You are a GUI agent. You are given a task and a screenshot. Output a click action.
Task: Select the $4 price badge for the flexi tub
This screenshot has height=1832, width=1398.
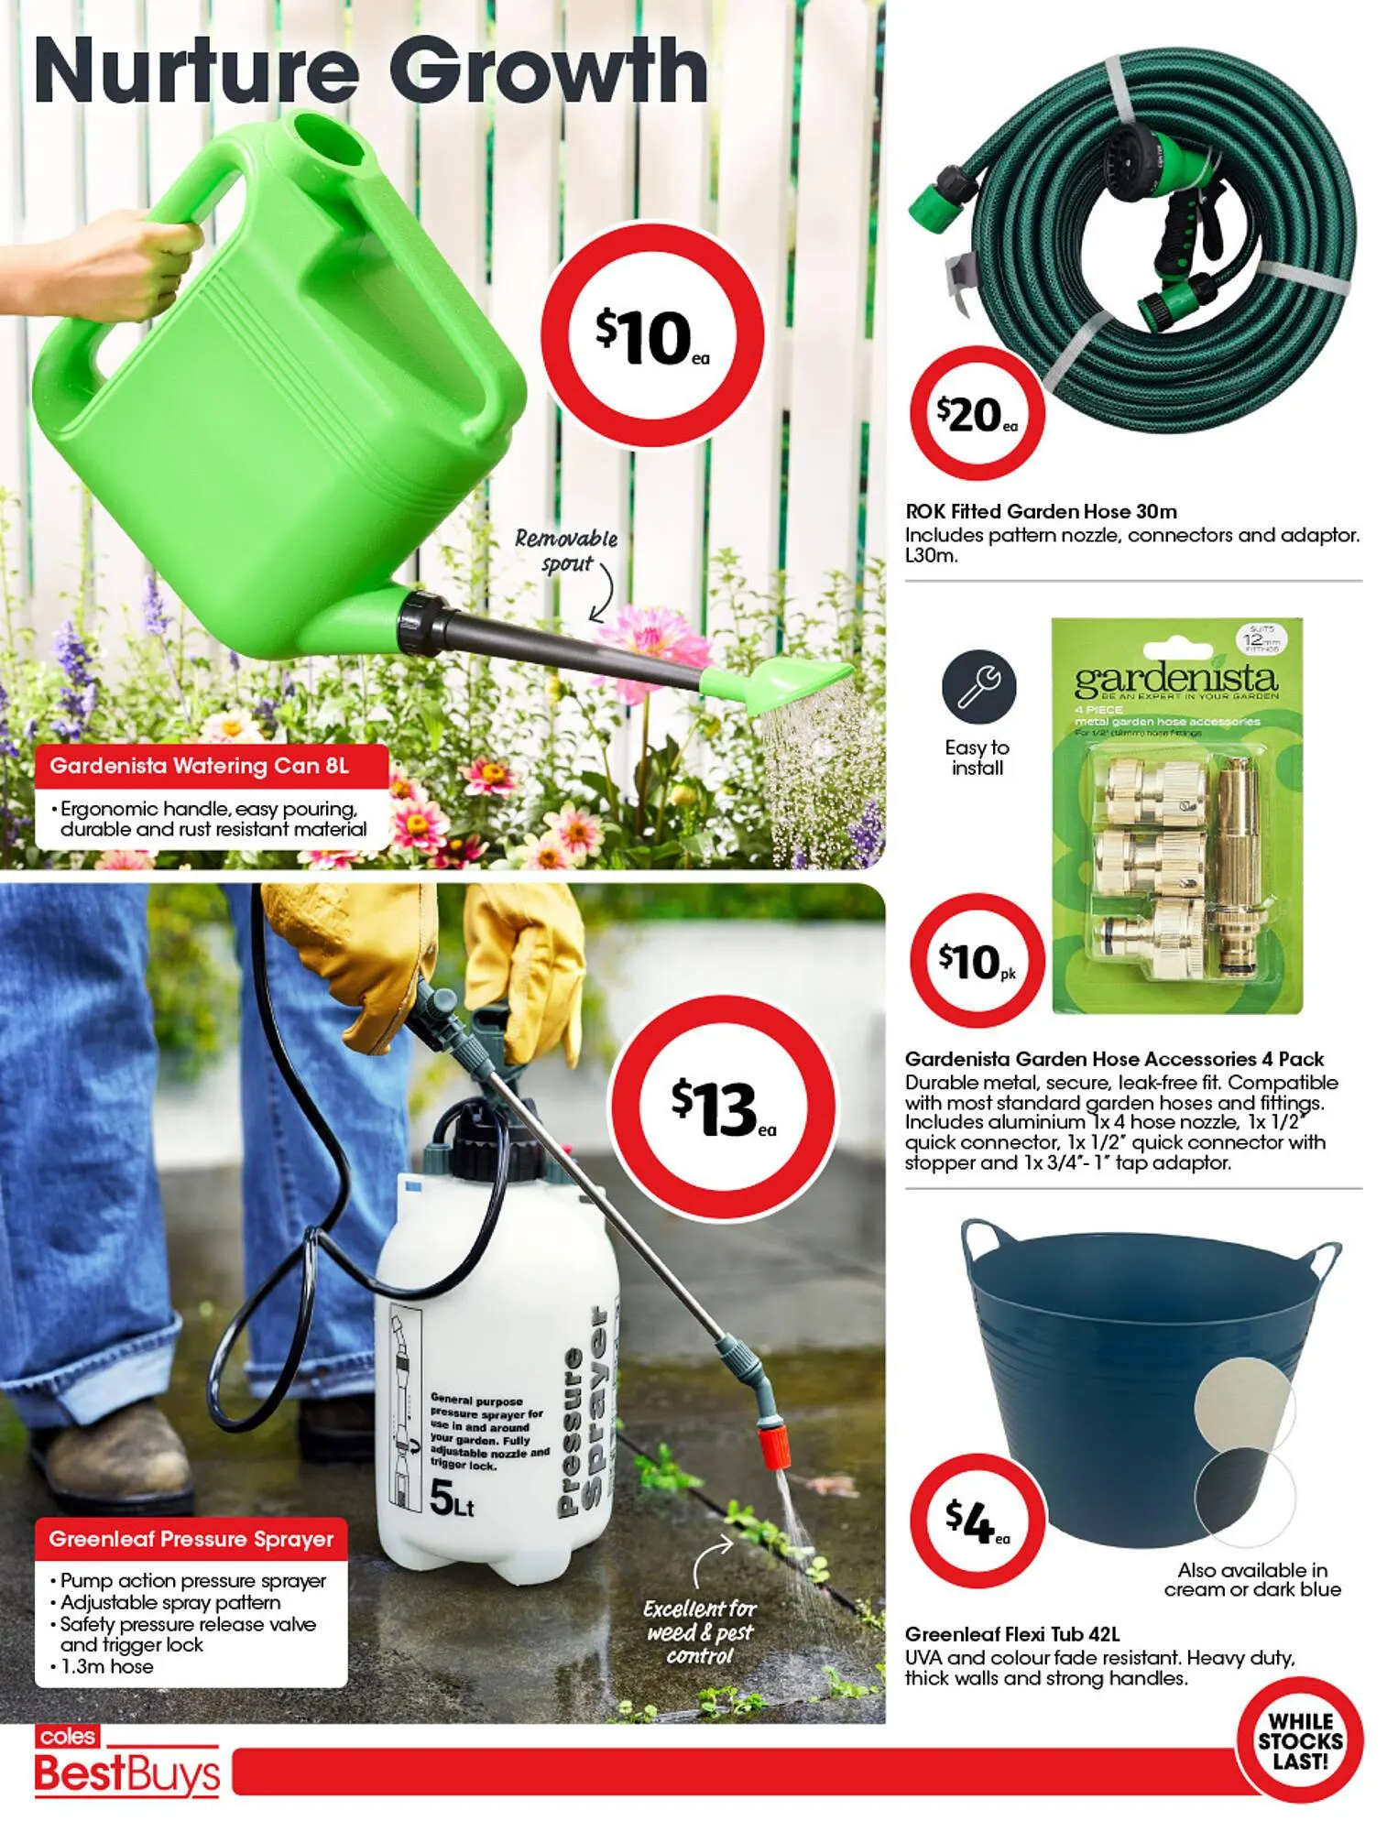click(x=977, y=1521)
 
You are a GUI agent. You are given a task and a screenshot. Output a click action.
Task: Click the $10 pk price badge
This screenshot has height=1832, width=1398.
click(x=977, y=960)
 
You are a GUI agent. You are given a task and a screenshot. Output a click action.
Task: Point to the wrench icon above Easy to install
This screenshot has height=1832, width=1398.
click(x=978, y=687)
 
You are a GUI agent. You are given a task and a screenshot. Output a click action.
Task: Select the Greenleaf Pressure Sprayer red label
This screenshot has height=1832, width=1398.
click(x=191, y=1540)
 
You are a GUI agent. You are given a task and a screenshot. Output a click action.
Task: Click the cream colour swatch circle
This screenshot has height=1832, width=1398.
click(x=1244, y=1407)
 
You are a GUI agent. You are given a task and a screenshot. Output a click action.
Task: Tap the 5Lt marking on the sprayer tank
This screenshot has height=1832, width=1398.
click(x=452, y=1499)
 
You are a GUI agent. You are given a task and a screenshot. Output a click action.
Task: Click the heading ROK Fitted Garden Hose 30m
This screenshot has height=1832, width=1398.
click(x=1041, y=511)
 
